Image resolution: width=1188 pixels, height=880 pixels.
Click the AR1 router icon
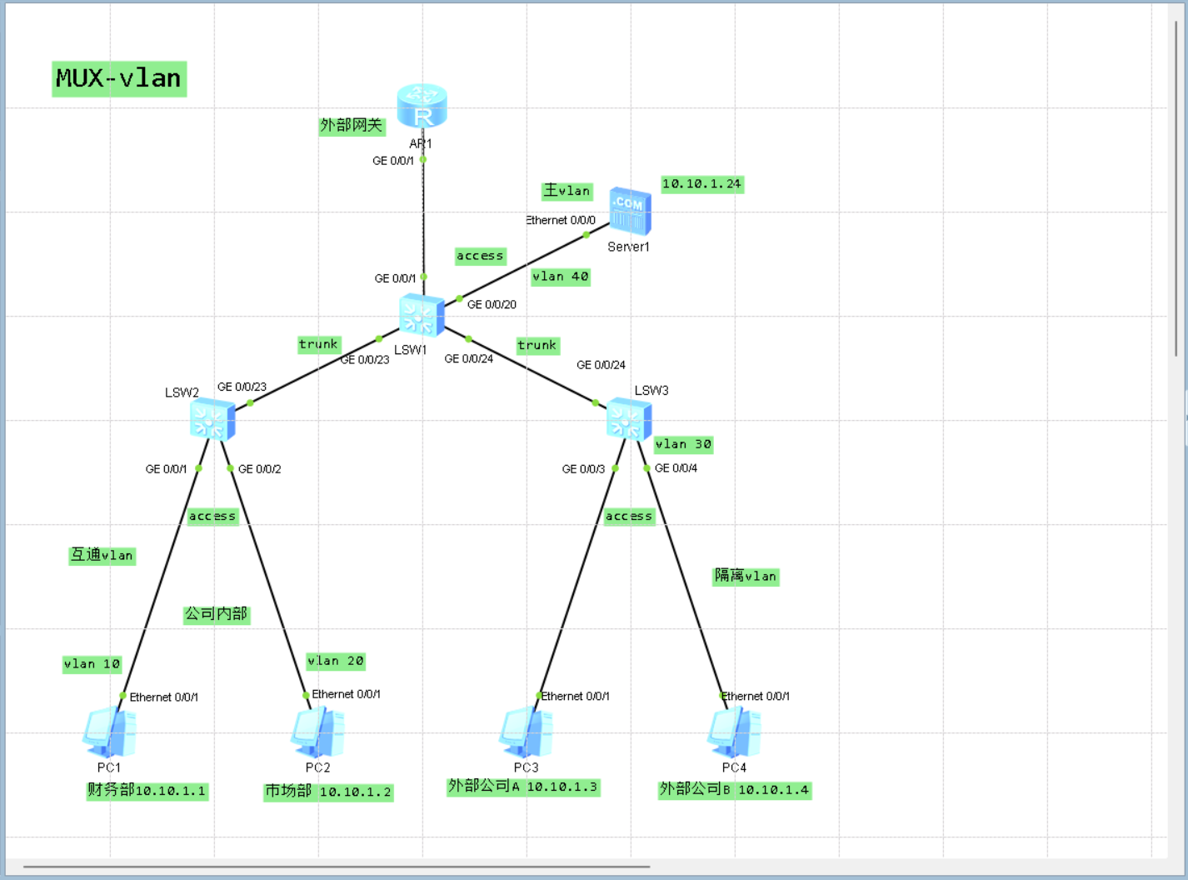pos(422,106)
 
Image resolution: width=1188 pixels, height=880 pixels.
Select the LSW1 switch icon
pos(422,315)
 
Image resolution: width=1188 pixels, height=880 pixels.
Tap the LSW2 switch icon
pos(212,418)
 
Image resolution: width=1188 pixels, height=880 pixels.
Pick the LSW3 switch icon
pos(629,418)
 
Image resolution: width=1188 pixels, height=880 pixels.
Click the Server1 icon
pos(630,212)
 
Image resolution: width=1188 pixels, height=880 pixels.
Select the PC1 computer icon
pos(109,732)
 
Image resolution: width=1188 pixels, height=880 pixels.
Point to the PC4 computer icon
pos(734,732)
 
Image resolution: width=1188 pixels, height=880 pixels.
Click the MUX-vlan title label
pos(119,79)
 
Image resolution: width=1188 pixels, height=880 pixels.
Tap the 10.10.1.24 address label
pos(701,184)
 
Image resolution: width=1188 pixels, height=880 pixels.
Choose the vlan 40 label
pos(560,277)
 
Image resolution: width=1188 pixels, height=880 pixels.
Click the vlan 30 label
pos(683,444)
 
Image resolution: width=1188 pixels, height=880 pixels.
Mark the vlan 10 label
pos(92,664)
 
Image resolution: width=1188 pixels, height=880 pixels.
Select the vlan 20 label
pos(336,661)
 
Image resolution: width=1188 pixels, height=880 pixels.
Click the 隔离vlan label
pos(746,576)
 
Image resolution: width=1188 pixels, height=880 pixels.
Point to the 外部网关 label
pos(352,126)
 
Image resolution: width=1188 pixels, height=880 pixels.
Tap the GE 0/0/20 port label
pos(492,305)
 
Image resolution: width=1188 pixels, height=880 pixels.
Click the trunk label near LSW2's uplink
pos(319,344)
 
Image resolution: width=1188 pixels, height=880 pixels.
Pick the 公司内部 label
pos(217,614)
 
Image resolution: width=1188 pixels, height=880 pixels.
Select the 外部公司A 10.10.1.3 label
pos(522,787)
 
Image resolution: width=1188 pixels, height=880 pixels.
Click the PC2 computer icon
pos(317,732)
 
